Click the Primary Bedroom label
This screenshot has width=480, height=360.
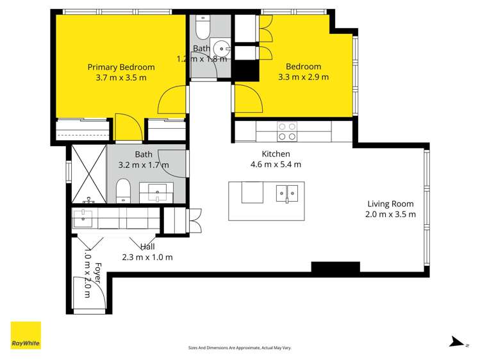click(x=121, y=67)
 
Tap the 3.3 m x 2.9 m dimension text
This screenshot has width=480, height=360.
click(x=303, y=78)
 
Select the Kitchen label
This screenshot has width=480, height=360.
click(x=276, y=154)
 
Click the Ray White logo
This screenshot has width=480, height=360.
click(x=26, y=335)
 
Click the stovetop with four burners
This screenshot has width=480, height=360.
click(x=286, y=131)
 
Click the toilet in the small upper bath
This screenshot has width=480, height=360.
click(x=202, y=29)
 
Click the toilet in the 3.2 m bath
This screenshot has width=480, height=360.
click(x=123, y=190)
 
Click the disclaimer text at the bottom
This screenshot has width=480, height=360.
click(x=240, y=347)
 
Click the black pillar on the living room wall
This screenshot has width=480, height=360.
click(x=335, y=268)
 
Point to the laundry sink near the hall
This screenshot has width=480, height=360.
click(x=83, y=218)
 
